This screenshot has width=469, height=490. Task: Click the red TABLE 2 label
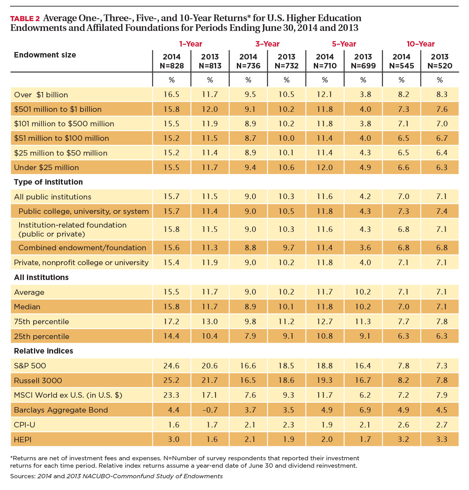25,19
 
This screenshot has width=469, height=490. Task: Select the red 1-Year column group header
190,44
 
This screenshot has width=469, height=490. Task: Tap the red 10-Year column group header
421,44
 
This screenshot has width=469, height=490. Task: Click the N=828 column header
172,66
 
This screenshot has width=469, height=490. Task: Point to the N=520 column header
440,66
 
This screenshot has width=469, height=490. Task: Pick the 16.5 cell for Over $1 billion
171,94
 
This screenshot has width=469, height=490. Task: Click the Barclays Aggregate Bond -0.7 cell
209,410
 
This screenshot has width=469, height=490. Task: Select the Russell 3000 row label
38,381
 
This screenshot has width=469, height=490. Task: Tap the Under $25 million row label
46,167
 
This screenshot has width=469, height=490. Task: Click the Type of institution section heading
48,182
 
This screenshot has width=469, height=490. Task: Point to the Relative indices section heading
43,351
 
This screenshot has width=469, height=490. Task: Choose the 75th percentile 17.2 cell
171,321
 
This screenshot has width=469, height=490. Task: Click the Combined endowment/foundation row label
82,248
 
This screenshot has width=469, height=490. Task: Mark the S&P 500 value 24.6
171,366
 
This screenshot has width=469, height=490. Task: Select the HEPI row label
23,440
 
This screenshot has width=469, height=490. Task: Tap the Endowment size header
45,55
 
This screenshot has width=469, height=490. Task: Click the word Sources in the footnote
23,476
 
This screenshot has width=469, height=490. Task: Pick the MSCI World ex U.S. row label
68,395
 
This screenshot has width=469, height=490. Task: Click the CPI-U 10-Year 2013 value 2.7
442,425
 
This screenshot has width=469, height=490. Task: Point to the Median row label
27,307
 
